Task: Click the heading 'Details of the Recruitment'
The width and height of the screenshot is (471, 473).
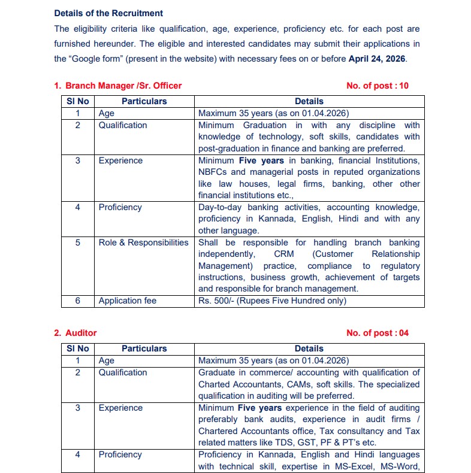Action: (x=108, y=13)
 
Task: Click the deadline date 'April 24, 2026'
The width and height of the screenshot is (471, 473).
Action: (x=377, y=59)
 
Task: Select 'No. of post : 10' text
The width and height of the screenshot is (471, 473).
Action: (x=378, y=86)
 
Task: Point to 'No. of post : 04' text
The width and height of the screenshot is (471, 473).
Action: (x=378, y=333)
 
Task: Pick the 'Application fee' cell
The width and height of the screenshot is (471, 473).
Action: (x=128, y=301)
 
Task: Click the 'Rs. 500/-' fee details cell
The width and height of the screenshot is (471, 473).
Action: (x=273, y=301)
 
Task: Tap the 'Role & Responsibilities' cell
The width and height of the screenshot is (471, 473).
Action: (x=143, y=242)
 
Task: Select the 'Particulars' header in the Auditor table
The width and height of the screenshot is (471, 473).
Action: (x=144, y=348)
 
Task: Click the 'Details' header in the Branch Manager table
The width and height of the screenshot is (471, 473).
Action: (x=309, y=101)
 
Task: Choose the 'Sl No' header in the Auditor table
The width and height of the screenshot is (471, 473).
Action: (x=77, y=348)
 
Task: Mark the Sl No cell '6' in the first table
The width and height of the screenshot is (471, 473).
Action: (x=77, y=301)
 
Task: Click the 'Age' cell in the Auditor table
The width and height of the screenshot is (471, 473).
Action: (x=107, y=360)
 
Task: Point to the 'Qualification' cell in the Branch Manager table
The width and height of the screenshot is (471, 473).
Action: (x=123, y=125)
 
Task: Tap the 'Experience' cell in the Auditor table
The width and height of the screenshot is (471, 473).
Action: (x=120, y=408)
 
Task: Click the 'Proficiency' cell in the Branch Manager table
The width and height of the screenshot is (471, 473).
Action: (x=120, y=207)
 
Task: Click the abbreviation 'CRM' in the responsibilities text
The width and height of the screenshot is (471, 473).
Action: (x=285, y=254)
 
